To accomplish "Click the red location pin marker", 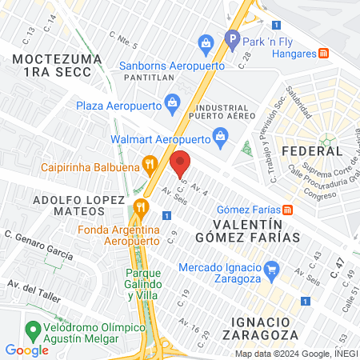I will point(180,162).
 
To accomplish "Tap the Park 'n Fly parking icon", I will point(233,38).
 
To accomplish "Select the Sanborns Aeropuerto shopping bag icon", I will point(206,42).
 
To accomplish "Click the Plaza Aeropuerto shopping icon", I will point(172,102).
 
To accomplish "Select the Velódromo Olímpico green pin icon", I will point(33,329).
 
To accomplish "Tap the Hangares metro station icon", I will point(323,53).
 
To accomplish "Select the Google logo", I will point(26,350).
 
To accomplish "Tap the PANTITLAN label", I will point(150,78).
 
